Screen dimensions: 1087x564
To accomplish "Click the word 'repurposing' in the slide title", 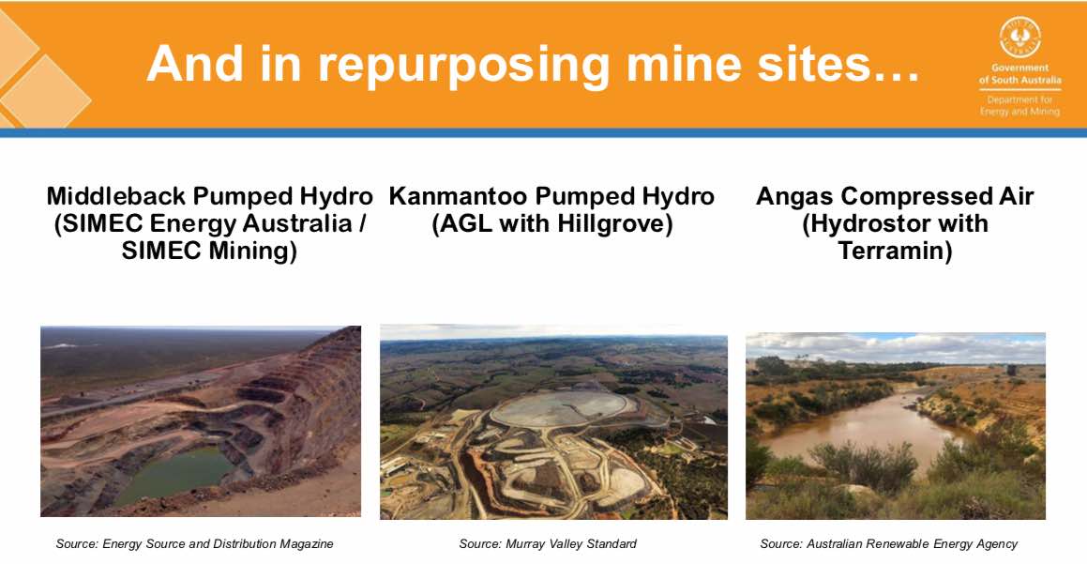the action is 463,66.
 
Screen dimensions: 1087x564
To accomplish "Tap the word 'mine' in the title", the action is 685,63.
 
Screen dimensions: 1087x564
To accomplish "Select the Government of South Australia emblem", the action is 1019,38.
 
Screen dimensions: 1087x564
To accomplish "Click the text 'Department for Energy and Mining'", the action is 1019,105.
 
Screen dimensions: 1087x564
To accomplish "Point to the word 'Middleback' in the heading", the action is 116,196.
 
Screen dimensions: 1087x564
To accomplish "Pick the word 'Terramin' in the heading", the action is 895,251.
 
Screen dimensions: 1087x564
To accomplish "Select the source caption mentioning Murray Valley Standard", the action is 548,544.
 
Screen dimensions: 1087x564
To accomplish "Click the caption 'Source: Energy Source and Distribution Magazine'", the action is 195,544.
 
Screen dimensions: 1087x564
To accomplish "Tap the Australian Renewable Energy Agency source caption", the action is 889,544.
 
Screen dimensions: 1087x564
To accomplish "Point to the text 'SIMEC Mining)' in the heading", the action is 209,251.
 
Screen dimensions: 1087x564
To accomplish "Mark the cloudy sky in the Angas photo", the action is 896,348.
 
